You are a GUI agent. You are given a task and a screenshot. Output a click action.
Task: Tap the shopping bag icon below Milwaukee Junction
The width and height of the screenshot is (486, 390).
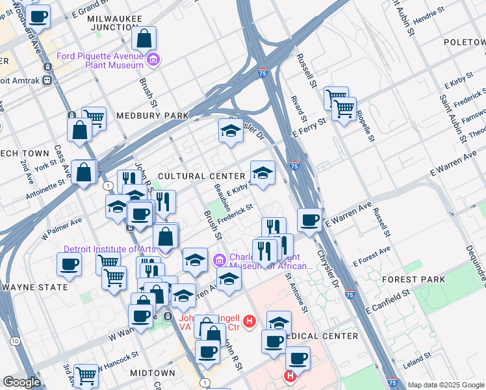pyautogui.click(x=144, y=38)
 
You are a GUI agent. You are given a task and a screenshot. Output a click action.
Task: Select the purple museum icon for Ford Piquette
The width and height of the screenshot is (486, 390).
pyautogui.click(x=153, y=61)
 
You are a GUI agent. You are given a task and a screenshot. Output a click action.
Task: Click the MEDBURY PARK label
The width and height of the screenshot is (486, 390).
pyautogui.click(x=152, y=116)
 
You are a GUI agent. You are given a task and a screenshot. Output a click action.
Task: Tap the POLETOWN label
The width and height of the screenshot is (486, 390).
pyautogui.click(x=464, y=42)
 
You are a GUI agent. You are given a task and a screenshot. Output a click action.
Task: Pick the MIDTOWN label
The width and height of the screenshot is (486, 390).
pyautogui.click(x=152, y=373)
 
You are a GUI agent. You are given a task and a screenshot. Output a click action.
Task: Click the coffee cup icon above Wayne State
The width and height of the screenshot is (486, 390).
pyautogui.click(x=69, y=263)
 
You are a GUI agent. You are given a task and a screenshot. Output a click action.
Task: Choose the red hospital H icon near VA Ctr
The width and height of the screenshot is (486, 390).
pyautogui.click(x=248, y=320)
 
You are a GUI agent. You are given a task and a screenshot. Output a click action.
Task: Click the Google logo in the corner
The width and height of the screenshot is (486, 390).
pyautogui.click(x=21, y=382)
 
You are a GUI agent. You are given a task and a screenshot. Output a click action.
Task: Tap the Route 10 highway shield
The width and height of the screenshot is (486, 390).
pyautogui.click(x=14, y=340)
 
